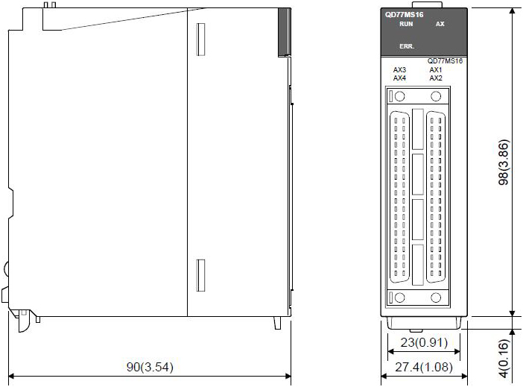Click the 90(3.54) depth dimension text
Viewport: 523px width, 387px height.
(150, 367)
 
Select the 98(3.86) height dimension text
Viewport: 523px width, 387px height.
(504, 163)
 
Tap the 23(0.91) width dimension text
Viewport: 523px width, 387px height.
(424, 342)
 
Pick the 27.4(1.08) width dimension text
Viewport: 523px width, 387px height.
(424, 367)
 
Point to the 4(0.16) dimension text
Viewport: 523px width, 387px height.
(504, 358)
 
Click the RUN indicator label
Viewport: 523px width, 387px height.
(406, 24)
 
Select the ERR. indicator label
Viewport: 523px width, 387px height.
(407, 46)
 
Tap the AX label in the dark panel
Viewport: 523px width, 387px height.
(440, 24)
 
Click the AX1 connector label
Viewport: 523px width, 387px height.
(436, 70)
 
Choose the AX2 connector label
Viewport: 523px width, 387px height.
(436, 78)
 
